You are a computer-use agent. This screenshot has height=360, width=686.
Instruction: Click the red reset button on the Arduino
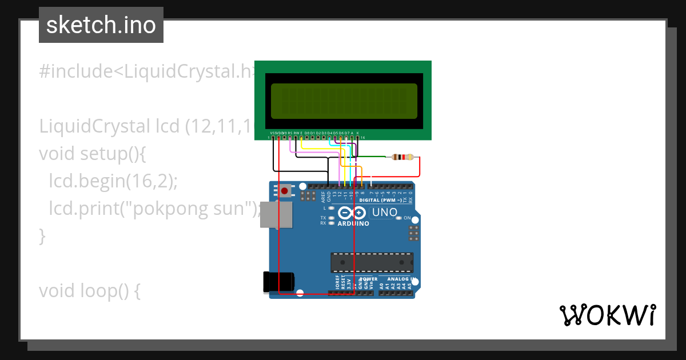tap(284, 190)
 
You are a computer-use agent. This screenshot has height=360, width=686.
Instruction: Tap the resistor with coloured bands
tap(404, 157)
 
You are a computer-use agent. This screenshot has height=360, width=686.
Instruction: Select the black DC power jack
tap(278, 282)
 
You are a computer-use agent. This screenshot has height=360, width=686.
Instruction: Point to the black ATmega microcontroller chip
tap(371, 262)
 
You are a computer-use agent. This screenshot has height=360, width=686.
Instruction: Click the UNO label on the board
tap(385, 213)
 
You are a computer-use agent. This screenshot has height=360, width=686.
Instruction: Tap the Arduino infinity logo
tap(352, 213)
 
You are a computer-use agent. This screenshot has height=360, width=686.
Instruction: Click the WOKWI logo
tap(607, 315)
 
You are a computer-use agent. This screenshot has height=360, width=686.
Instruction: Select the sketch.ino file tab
tap(101, 25)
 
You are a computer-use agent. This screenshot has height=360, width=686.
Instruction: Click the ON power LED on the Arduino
tap(400, 218)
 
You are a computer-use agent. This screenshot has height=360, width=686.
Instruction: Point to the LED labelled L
tap(331, 209)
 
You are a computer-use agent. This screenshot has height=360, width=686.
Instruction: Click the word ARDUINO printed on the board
tap(353, 223)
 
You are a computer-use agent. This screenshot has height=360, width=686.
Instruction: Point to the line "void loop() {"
tap(90, 291)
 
